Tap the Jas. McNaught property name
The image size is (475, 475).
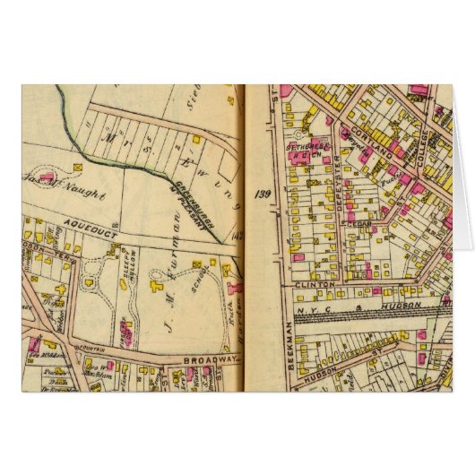click(59, 192)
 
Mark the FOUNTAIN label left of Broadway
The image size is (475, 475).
click(64, 344)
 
